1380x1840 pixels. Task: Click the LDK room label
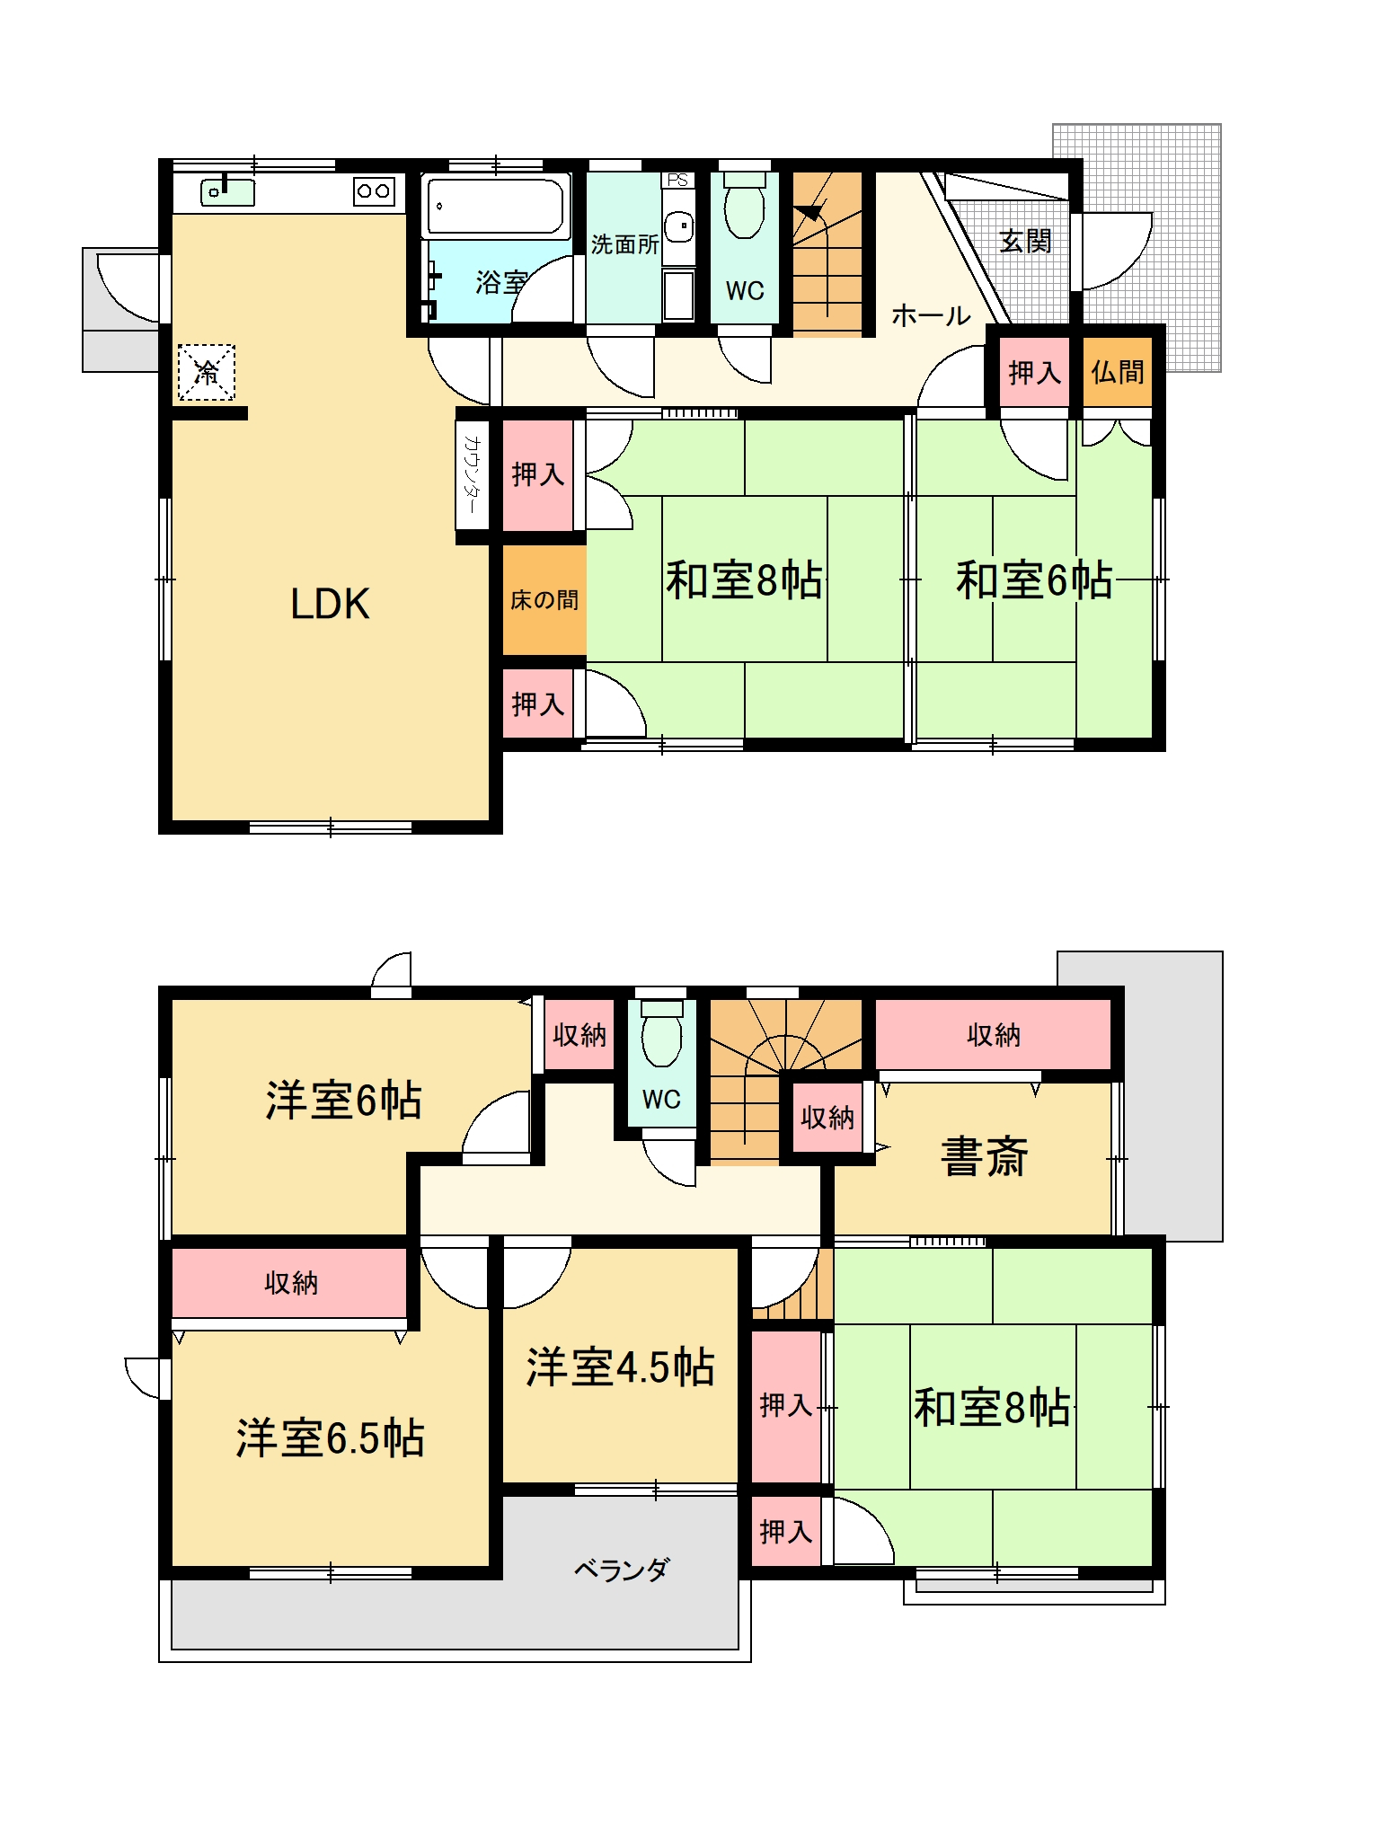[330, 604]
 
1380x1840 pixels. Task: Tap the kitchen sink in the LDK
[227, 191]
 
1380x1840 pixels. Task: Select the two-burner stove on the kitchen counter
[374, 190]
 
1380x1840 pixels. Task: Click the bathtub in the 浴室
[496, 207]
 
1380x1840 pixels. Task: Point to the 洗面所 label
[624, 244]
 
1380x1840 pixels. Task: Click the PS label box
[677, 180]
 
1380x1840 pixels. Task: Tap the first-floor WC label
[745, 290]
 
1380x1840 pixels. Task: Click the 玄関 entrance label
[1025, 241]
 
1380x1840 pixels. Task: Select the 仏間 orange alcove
[1117, 371]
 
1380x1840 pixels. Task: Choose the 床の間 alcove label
[544, 600]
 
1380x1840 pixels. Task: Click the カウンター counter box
[472, 474]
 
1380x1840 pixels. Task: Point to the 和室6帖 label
[1034, 579]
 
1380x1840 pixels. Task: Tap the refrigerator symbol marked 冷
[207, 372]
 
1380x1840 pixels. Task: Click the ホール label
[931, 315]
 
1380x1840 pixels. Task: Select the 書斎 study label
[984, 1157]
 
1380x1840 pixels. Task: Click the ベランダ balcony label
[622, 1570]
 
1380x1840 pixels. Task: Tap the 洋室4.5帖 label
[620, 1367]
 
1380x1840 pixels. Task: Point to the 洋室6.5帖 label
[330, 1437]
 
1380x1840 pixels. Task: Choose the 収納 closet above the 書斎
[994, 1034]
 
